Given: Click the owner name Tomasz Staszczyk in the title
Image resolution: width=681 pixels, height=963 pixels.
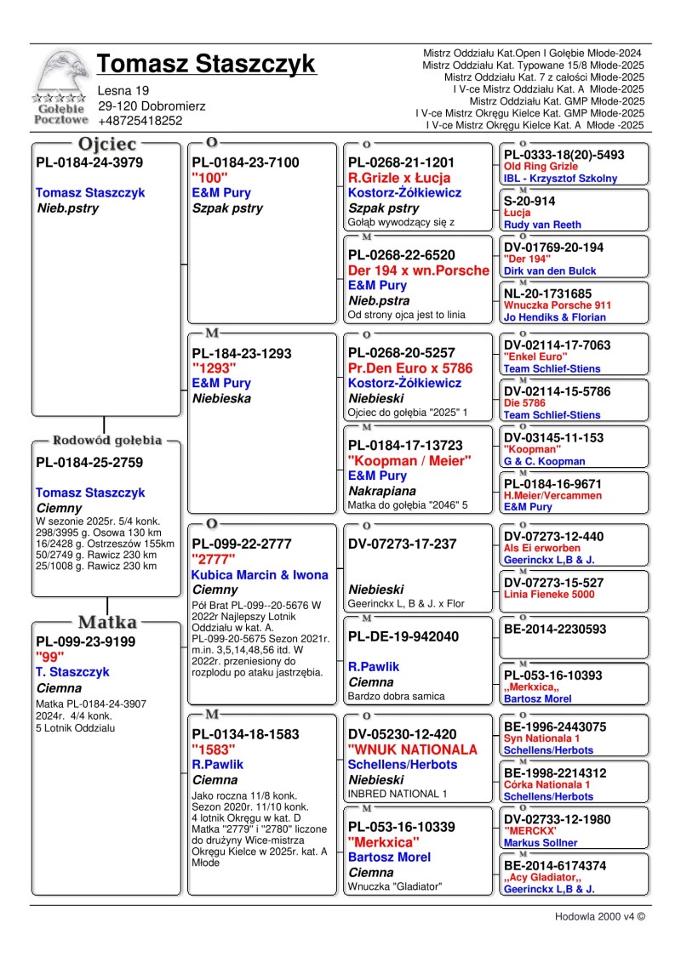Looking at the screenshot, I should click(206, 64).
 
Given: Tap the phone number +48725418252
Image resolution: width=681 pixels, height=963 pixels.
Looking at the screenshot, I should click(140, 121).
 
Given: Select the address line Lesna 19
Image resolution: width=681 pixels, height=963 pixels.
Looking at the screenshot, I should click(123, 90).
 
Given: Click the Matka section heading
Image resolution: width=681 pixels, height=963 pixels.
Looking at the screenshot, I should click(107, 621).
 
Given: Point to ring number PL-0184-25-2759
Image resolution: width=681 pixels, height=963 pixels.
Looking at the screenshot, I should click(89, 463).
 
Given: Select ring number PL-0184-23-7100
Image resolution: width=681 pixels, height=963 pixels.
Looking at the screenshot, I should click(246, 162).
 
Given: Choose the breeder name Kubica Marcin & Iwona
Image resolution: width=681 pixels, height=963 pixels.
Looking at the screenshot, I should click(260, 574).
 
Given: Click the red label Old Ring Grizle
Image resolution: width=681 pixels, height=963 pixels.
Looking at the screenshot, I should click(541, 167).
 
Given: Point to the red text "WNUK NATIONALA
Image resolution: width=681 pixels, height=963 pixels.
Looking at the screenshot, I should click(413, 749).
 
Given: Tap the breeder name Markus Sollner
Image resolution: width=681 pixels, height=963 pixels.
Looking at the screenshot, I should click(541, 842).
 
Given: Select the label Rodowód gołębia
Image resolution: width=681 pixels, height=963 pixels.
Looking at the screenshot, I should click(107, 441).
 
